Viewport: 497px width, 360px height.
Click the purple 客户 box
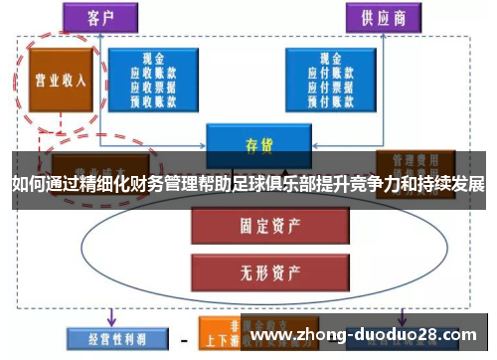click(101, 17)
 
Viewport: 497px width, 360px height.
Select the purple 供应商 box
click(384, 17)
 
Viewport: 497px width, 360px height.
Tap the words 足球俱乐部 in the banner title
click(292, 183)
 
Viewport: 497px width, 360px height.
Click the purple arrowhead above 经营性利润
click(111, 320)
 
